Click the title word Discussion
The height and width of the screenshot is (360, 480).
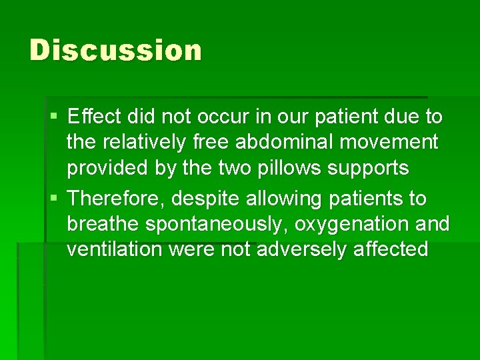coord(115,51)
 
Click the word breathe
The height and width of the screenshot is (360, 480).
coord(103,224)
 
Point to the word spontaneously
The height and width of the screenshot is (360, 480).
coord(216,224)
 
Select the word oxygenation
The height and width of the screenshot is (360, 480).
coord(351,224)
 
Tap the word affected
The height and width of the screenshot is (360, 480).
coord(395,249)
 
